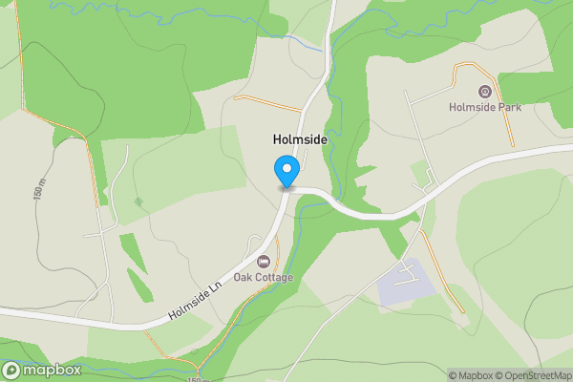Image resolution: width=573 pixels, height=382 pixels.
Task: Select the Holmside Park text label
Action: click(x=485, y=107)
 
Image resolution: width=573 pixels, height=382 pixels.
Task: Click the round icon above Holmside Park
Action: click(x=485, y=92)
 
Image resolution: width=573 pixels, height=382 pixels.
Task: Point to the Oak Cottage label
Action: click(x=264, y=277)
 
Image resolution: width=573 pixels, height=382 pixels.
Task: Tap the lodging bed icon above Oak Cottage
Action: click(x=264, y=261)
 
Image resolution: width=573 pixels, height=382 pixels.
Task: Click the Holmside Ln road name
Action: click(x=197, y=304)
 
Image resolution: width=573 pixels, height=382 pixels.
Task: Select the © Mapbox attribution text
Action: click(x=472, y=375)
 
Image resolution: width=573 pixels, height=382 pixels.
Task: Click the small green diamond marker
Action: click(x=139, y=202)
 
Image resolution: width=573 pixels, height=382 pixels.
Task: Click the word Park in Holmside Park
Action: click(x=508, y=107)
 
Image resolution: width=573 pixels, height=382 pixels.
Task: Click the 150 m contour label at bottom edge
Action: click(x=197, y=378)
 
